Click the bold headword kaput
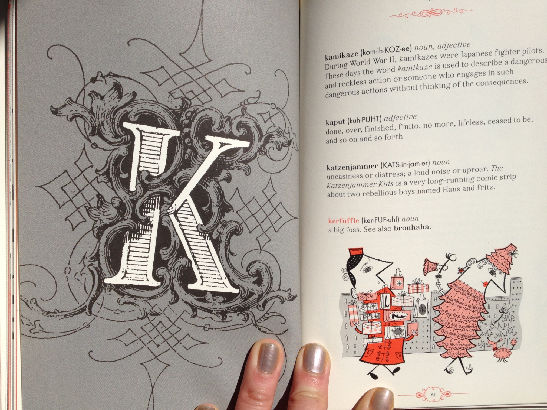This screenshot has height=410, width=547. pos(335,122)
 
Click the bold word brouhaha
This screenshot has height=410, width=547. pos(411,227)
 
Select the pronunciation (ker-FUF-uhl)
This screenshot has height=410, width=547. pos(380,219)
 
